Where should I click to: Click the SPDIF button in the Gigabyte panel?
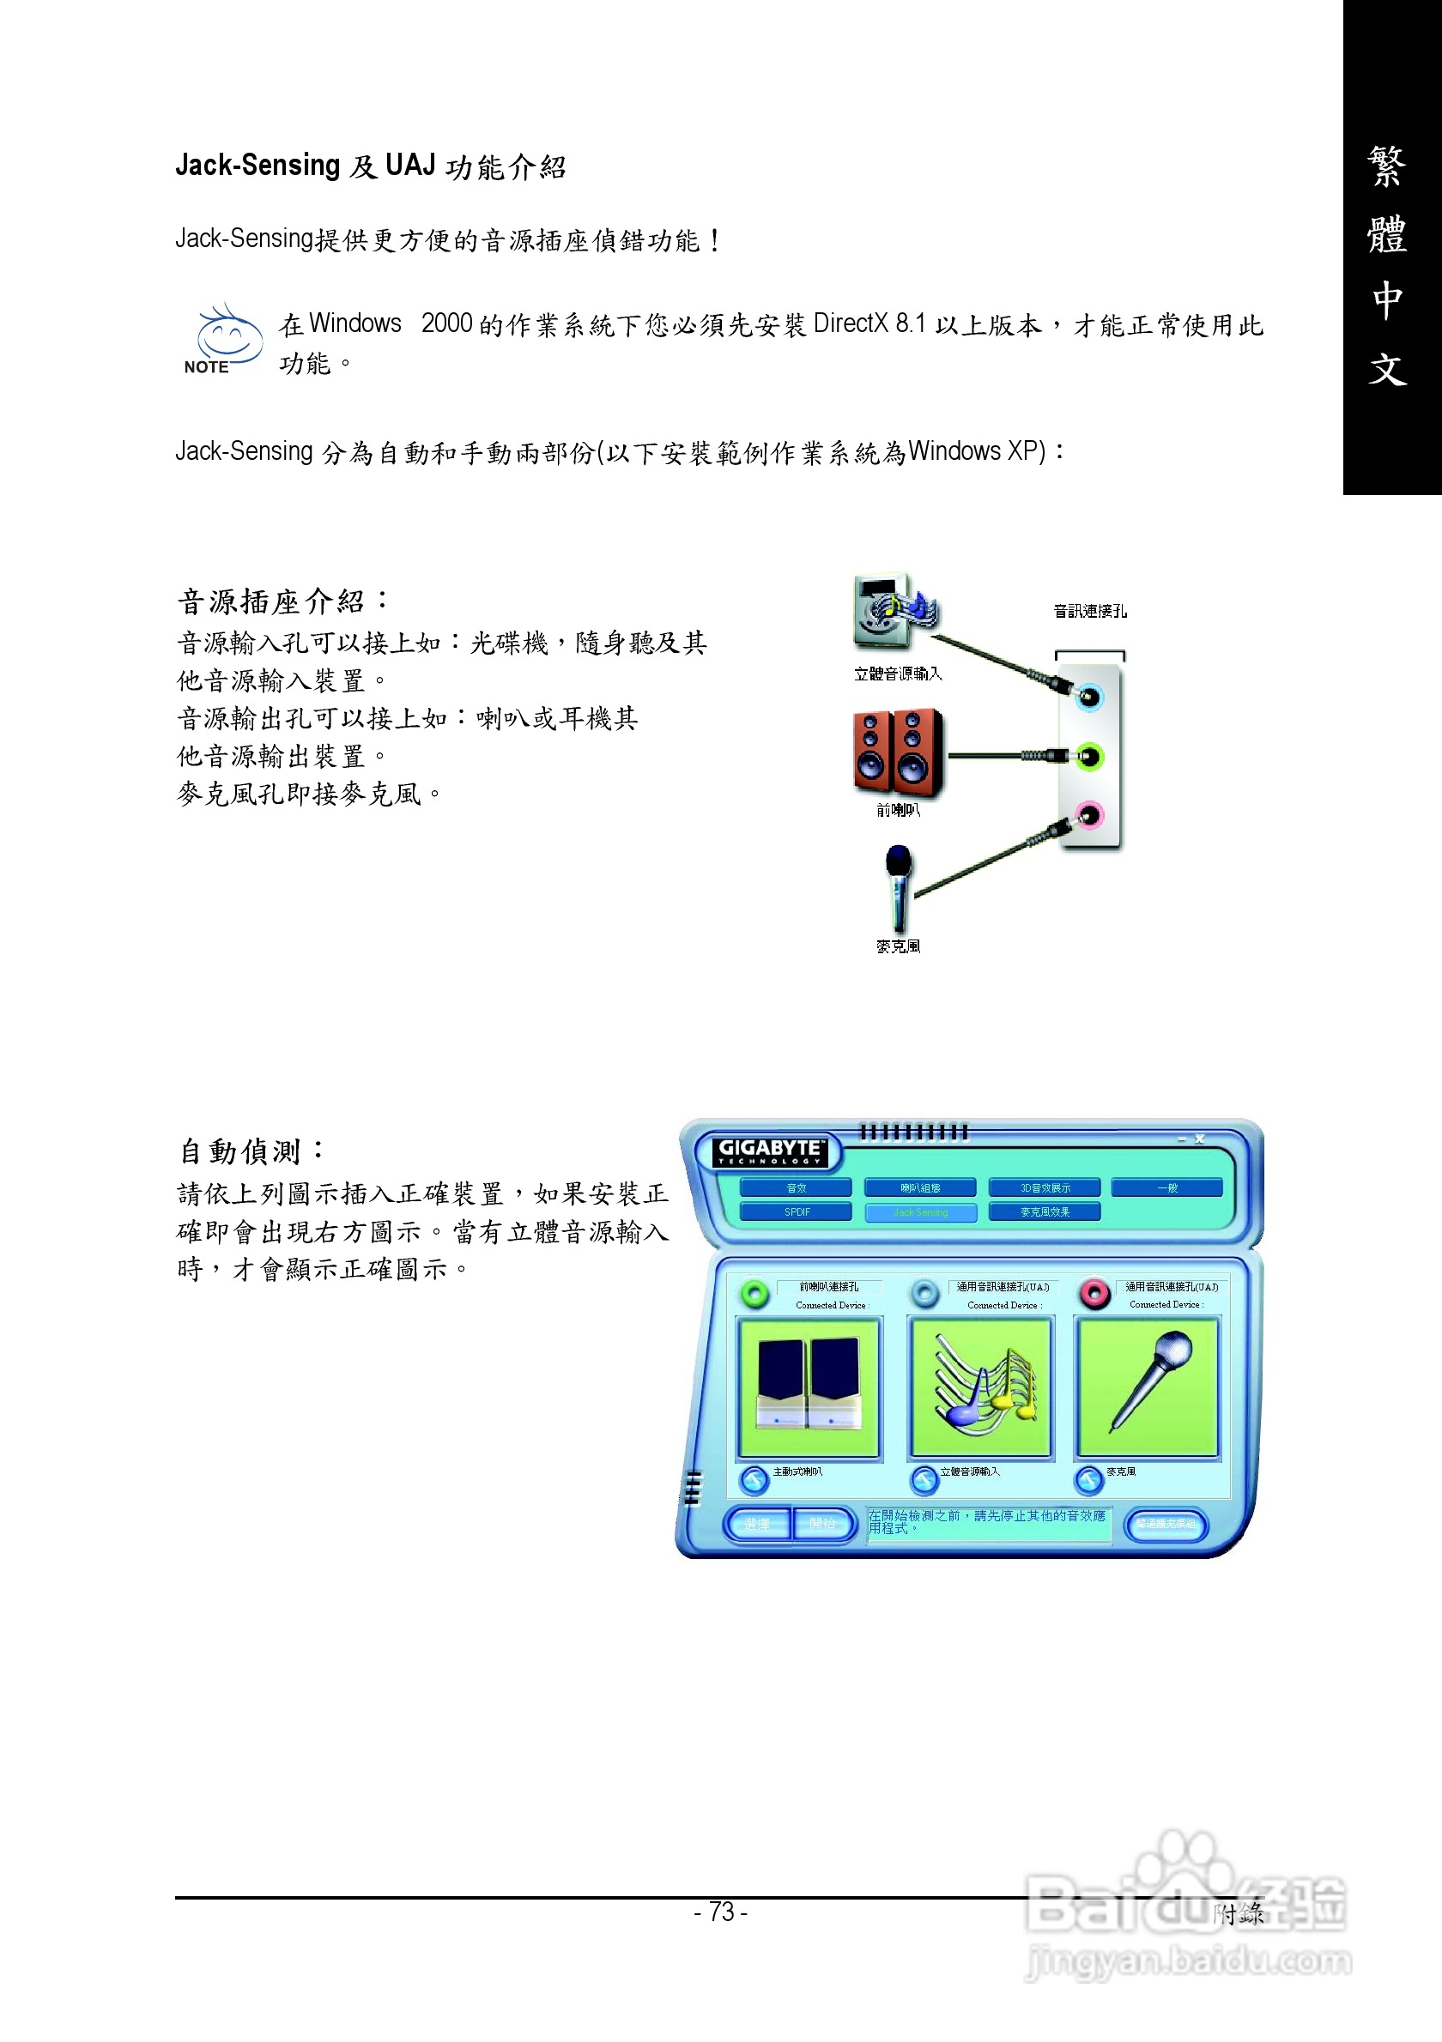click(x=797, y=1211)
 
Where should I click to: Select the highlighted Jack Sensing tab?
click(x=921, y=1212)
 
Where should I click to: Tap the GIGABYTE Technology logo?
click(x=771, y=1151)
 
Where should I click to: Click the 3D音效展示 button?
click(x=1045, y=1188)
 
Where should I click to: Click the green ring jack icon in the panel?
click(x=755, y=1293)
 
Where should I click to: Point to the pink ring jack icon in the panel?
click(x=1095, y=1293)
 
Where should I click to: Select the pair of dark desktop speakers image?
click(x=809, y=1385)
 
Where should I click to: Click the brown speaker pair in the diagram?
click(x=898, y=752)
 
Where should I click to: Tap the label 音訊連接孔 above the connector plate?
click(x=1090, y=611)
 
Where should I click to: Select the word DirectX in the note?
click(x=851, y=323)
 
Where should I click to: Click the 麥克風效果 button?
click(x=1045, y=1211)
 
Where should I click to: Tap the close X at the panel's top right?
click(x=1199, y=1139)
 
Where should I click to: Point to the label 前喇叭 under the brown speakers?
click(x=898, y=809)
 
